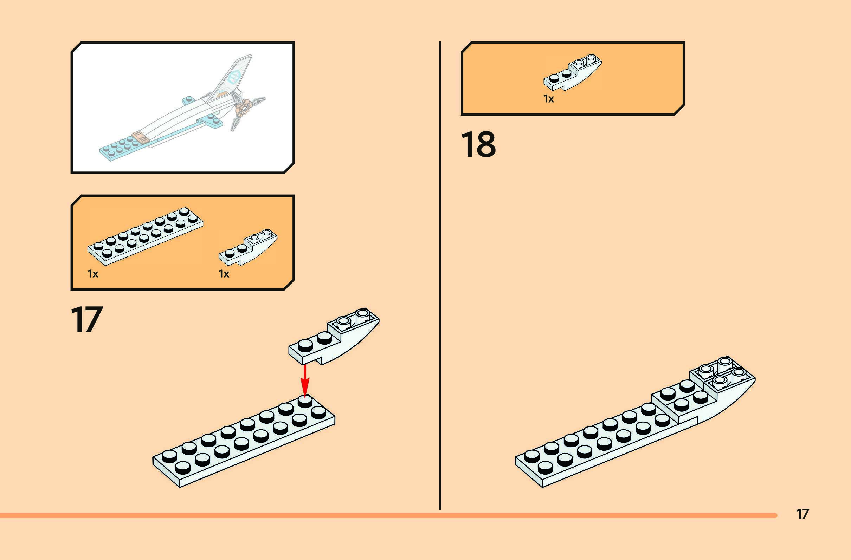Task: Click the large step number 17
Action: (87, 319)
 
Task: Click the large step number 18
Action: (478, 144)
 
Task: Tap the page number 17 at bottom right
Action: (803, 514)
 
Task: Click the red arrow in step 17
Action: (304, 380)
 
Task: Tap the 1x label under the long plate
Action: (93, 274)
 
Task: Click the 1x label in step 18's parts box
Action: (548, 99)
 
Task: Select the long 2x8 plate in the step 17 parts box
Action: (145, 236)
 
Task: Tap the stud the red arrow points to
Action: (305, 401)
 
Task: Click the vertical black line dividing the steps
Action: (440, 275)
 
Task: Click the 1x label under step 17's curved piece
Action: (224, 274)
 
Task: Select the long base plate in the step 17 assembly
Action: (243, 443)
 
